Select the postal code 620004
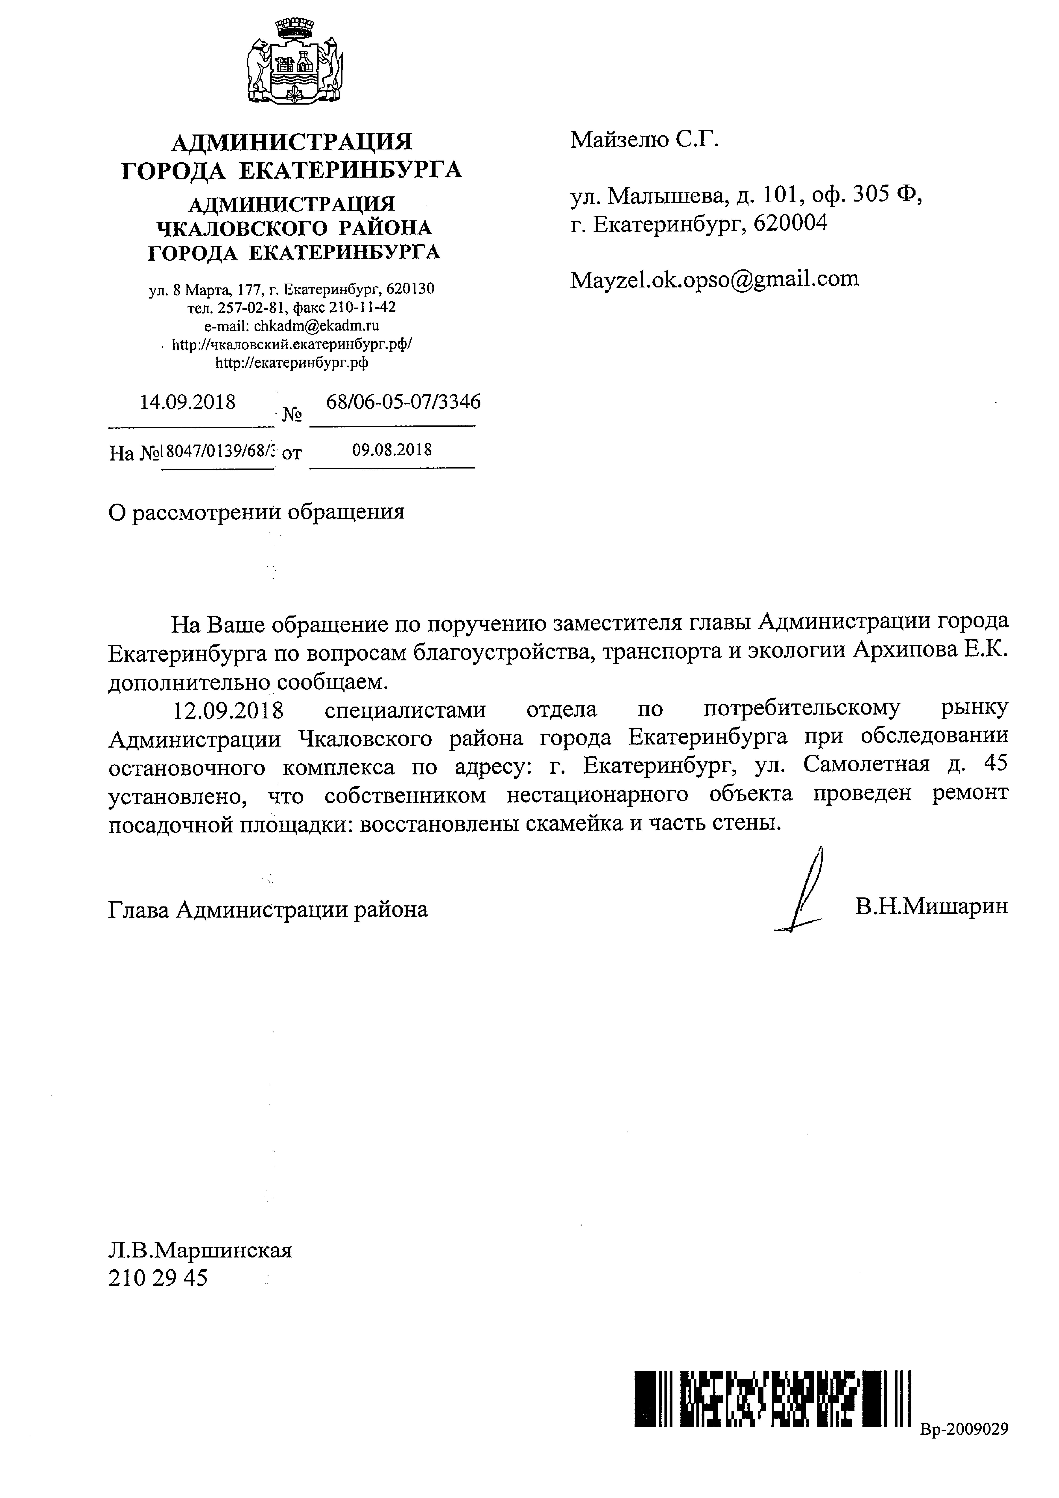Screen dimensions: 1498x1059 790,224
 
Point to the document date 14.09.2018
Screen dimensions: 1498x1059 188,401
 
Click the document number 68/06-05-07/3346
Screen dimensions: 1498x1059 403,401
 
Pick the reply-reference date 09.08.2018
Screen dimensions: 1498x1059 392,450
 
